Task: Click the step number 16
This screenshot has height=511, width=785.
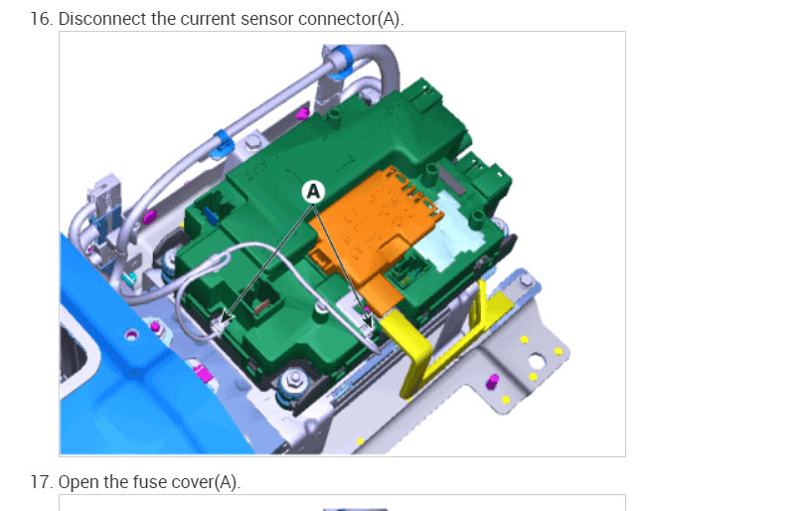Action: pyautogui.click(x=41, y=19)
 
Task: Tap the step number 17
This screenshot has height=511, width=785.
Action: pyautogui.click(x=41, y=482)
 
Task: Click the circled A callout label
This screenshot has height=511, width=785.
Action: pyautogui.click(x=313, y=191)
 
